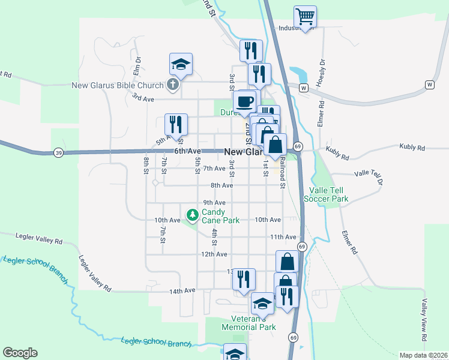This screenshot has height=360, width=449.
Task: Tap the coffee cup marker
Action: click(244, 101)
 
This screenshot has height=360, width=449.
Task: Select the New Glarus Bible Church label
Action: click(117, 85)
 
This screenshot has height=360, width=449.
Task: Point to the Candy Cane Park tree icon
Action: click(192, 214)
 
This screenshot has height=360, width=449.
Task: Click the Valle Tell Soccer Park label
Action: click(326, 194)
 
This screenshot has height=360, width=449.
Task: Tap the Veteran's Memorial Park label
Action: click(249, 323)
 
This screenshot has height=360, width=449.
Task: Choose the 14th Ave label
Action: click(182, 290)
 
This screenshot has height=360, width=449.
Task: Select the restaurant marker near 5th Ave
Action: click(176, 124)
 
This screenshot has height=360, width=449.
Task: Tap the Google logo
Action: click(20, 353)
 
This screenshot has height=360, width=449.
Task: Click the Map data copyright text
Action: click(423, 355)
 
